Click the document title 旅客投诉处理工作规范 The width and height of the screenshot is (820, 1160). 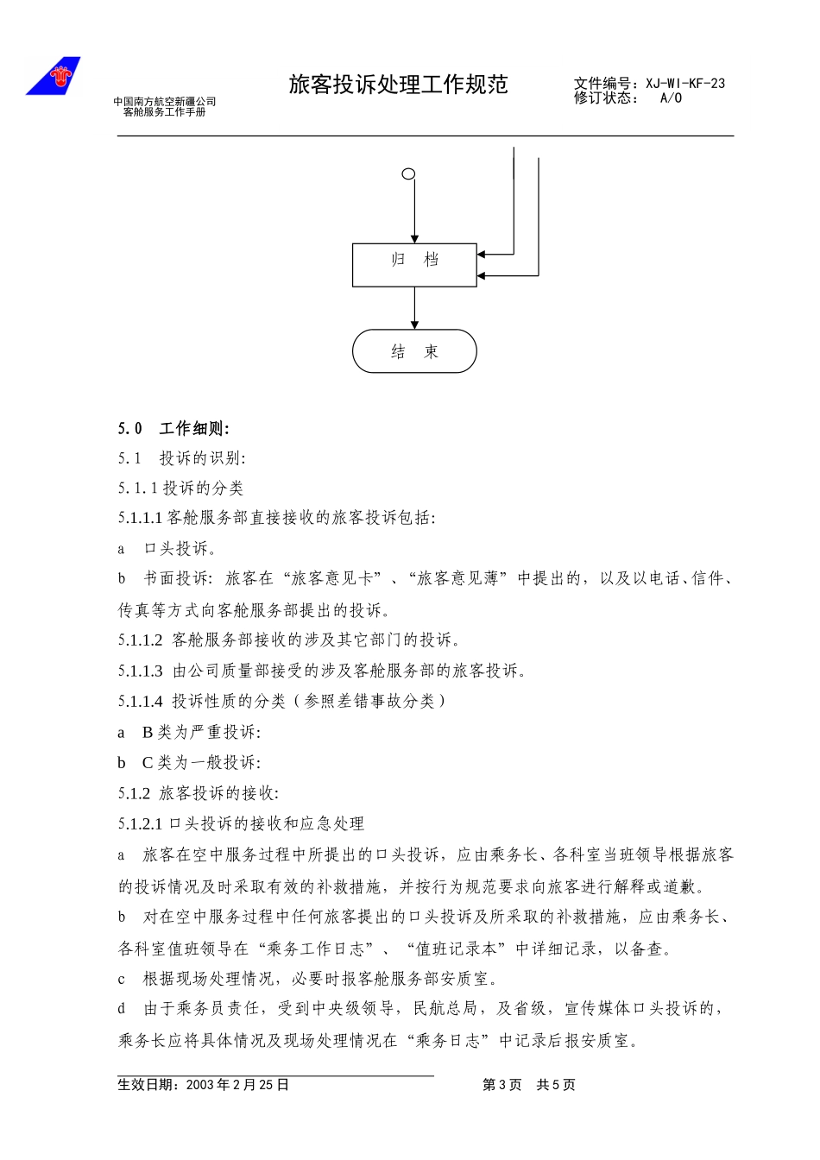pos(398,85)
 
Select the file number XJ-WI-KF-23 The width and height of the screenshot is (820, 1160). pos(685,84)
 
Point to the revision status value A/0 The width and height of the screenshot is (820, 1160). pos(671,98)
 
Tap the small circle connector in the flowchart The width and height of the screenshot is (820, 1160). pos(409,174)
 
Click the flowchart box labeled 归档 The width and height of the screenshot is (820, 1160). pos(414,264)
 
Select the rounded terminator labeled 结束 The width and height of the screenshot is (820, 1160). pos(414,351)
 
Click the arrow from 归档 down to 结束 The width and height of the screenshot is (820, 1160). pos(414,308)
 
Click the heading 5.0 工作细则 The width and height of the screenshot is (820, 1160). pos(173,429)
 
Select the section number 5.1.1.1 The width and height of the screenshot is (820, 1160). pos(141,518)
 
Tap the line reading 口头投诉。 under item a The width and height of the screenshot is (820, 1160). pos(180,549)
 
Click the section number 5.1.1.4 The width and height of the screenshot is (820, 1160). pos(141,702)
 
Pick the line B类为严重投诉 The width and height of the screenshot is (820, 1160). pos(201,733)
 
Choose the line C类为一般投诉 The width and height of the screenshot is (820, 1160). pos(201,763)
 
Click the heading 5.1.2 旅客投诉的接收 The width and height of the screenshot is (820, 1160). pos(199,793)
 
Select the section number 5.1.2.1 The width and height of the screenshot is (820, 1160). pos(141,824)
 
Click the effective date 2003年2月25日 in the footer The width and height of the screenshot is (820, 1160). pos(237,1085)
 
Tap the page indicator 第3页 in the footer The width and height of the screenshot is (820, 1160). pos(501,1085)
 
